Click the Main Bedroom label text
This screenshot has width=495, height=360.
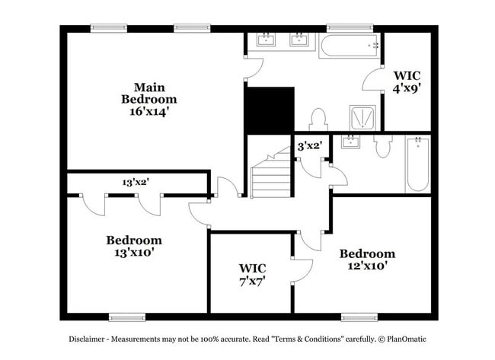(x=149, y=93)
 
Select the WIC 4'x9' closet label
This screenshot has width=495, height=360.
(x=407, y=81)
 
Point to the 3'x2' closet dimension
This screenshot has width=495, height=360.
(x=309, y=145)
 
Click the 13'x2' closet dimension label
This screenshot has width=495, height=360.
(x=136, y=183)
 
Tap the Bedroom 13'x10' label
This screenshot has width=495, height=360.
(x=133, y=245)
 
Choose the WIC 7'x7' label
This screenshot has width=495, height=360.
(x=252, y=274)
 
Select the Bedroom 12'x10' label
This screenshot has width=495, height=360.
(x=367, y=259)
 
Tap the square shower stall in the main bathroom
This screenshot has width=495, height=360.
(x=362, y=117)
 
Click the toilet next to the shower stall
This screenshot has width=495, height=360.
(x=318, y=119)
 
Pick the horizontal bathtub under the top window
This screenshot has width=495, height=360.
(x=350, y=46)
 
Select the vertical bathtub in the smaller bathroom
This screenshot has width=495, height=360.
(x=417, y=163)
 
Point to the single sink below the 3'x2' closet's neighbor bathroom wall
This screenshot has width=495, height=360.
(x=351, y=142)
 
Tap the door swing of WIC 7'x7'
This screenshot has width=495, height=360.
(x=302, y=271)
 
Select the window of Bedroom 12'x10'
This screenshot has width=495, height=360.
(x=359, y=317)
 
